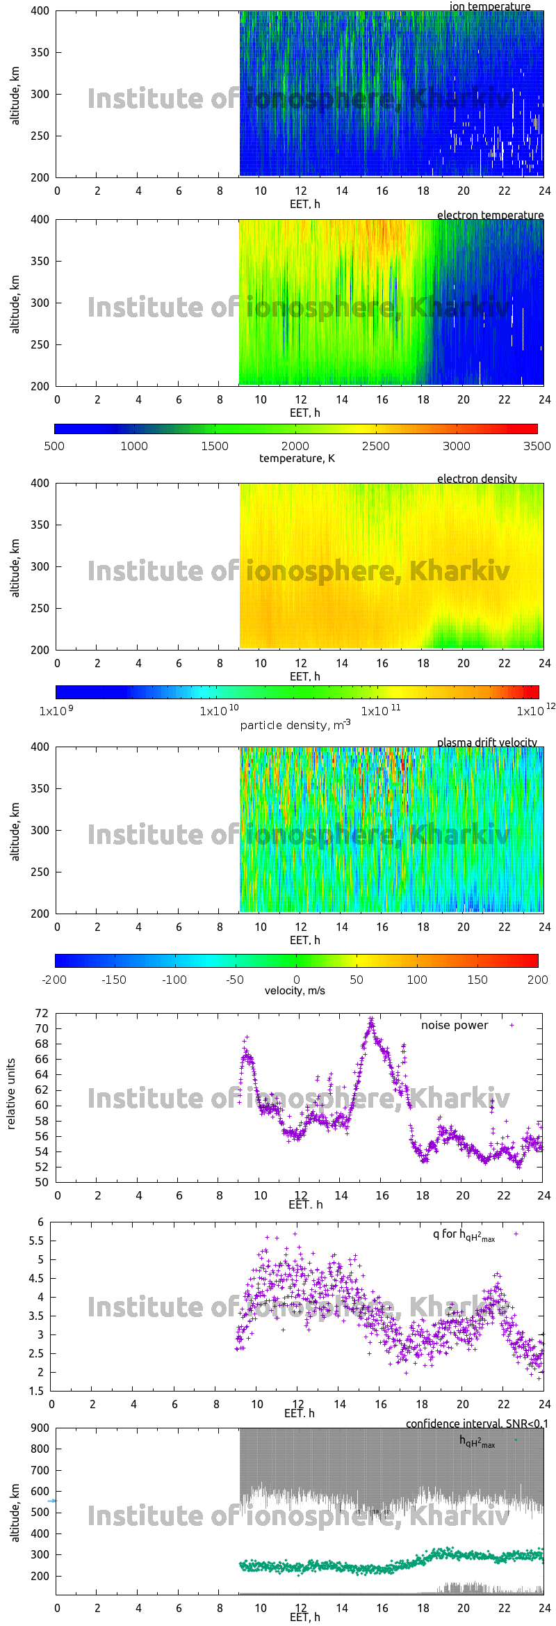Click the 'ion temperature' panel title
point(489,6)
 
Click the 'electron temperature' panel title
point(490,215)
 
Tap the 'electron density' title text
point(477,479)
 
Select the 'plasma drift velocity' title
point(486,742)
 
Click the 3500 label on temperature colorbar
point(537,446)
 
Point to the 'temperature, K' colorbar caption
point(297,458)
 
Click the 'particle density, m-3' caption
point(295,724)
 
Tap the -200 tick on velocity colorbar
point(54,980)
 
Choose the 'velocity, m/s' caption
point(295,990)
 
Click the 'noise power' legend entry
point(454,1025)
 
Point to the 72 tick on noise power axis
point(42,1013)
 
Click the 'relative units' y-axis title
point(11,1094)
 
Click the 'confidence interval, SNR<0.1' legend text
point(476,1424)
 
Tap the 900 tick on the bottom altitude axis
point(40,1428)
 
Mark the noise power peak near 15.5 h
point(371,1019)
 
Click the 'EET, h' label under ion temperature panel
point(304,204)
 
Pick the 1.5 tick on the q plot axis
point(36,1391)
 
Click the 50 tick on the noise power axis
point(42,1182)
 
